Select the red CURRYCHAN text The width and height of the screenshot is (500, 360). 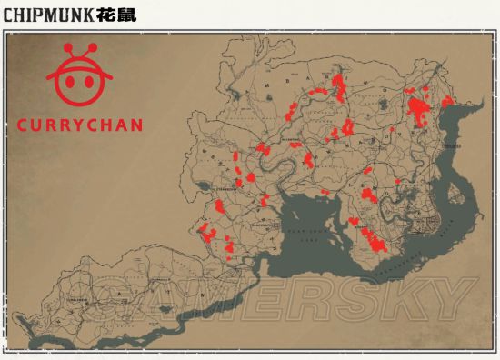(80, 125)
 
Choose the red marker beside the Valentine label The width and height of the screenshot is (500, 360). (308, 162)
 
